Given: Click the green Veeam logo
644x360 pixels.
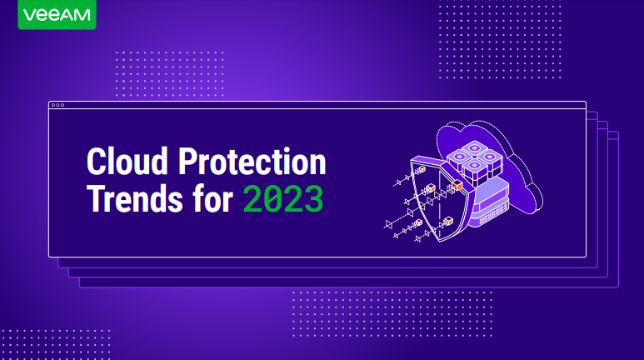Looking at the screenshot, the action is [57, 14].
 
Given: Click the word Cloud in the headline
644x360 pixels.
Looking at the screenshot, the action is [127, 161].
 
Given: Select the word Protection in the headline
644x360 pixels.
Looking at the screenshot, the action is [252, 161].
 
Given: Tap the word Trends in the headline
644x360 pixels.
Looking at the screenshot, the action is [135, 198].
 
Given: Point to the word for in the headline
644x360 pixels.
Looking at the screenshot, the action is [212, 198].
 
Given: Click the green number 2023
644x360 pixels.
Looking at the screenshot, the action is [283, 199].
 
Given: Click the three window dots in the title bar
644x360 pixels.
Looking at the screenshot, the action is [57, 105].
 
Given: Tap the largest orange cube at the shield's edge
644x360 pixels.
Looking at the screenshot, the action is [457, 185].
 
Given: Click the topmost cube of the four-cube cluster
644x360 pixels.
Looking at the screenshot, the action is [474, 149].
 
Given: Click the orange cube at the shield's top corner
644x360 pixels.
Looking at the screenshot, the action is [422, 168].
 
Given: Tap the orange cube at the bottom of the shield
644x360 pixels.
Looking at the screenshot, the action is [448, 221].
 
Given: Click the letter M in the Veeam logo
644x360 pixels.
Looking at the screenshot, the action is [82, 15].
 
